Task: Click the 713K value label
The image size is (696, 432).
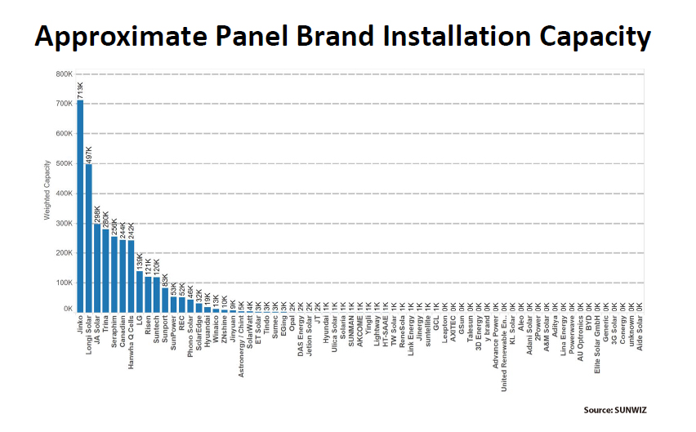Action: pyautogui.click(x=80, y=90)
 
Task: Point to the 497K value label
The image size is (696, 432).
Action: pyautogui.click(x=88, y=154)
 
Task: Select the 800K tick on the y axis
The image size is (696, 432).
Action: pyautogui.click(x=64, y=74)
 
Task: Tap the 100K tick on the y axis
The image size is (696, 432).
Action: pyautogui.click(x=64, y=283)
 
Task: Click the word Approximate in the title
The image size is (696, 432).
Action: pyautogui.click(x=127, y=38)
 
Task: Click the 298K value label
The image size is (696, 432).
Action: pyautogui.click(x=97, y=214)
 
